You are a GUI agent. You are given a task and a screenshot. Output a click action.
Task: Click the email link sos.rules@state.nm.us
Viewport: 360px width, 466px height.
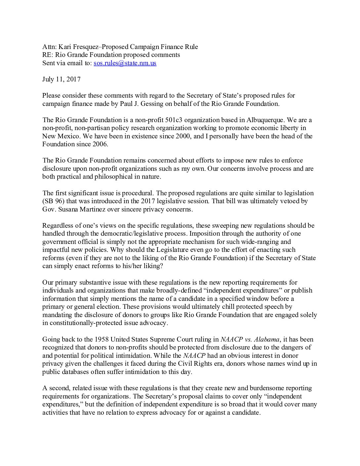(125, 63)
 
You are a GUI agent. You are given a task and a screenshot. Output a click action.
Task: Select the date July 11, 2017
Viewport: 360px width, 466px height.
(61, 79)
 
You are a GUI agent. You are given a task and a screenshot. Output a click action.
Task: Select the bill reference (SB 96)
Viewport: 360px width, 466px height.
(52, 201)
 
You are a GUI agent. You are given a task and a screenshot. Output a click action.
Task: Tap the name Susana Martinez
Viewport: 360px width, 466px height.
(82, 210)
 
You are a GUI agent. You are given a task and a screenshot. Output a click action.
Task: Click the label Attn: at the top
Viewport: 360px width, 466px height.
(50, 47)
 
